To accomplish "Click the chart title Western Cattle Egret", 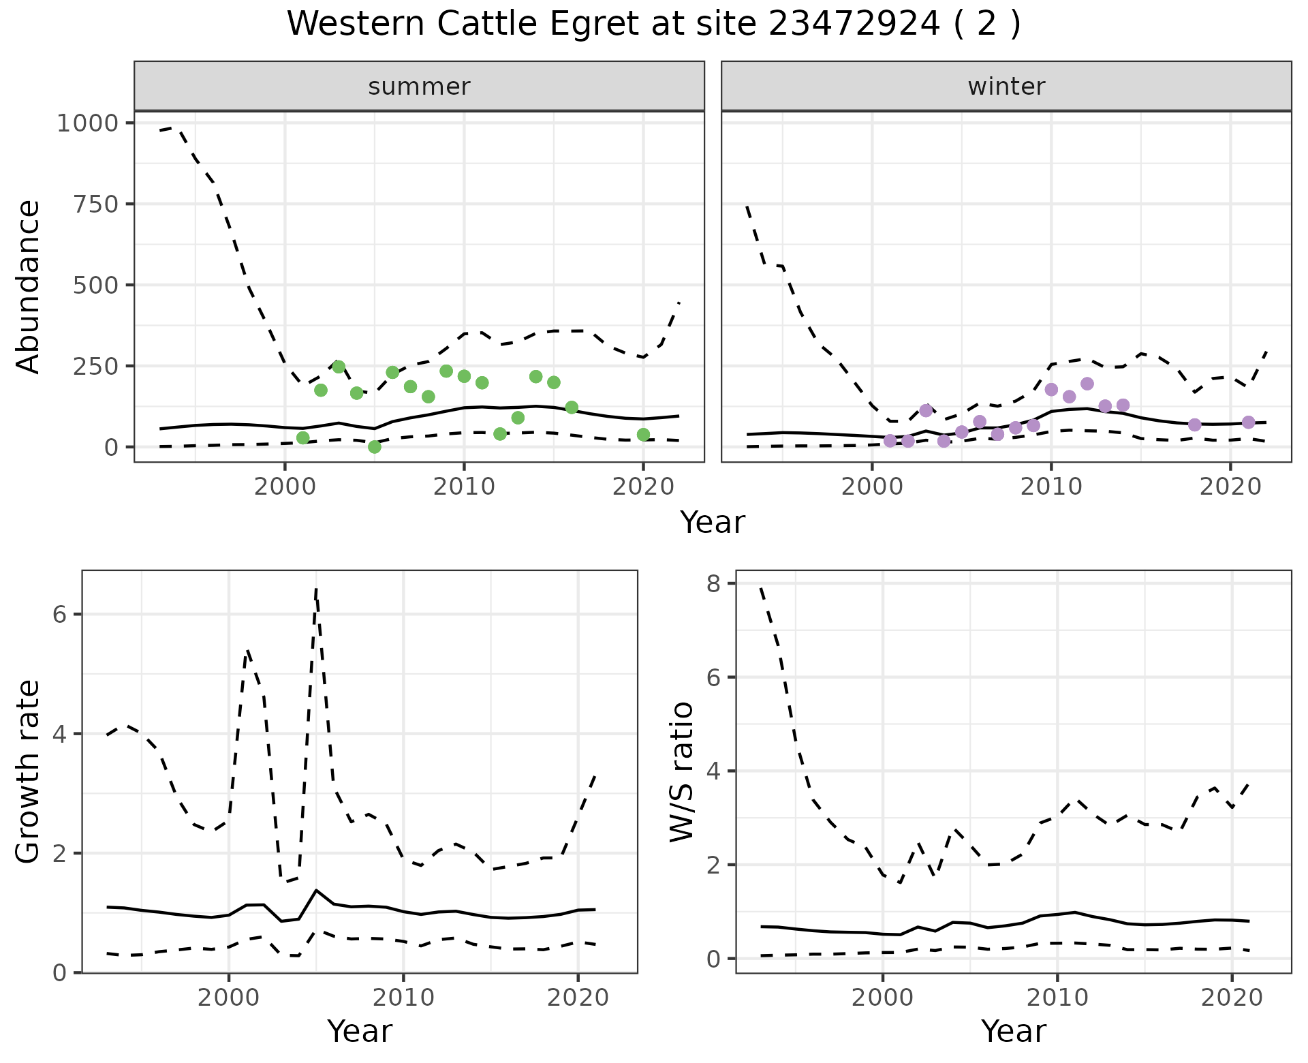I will pyautogui.click(x=653, y=25).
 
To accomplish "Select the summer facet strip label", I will pyautogui.click(x=419, y=87).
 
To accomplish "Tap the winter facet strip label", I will pyautogui.click(x=1006, y=87).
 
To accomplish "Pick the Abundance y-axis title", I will pyautogui.click(x=29, y=286).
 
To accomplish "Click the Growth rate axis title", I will pyautogui.click(x=29, y=771).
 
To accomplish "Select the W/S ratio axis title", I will pyautogui.click(x=682, y=771).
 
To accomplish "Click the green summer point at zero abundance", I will pyautogui.click(x=374, y=447).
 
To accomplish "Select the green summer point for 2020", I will pyautogui.click(x=643, y=435).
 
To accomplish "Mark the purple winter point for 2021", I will pyautogui.click(x=1248, y=422).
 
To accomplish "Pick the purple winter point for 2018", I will pyautogui.click(x=1194, y=425).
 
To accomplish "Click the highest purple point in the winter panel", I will pyautogui.click(x=1087, y=384).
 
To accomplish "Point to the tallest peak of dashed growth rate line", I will pyautogui.click(x=316, y=589).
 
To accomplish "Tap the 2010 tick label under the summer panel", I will pyautogui.click(x=463, y=487).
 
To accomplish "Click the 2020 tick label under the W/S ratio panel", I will pyautogui.click(x=1231, y=998).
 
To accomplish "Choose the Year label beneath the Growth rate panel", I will pyautogui.click(x=360, y=1032).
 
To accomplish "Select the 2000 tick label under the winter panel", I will pyautogui.click(x=872, y=487).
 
